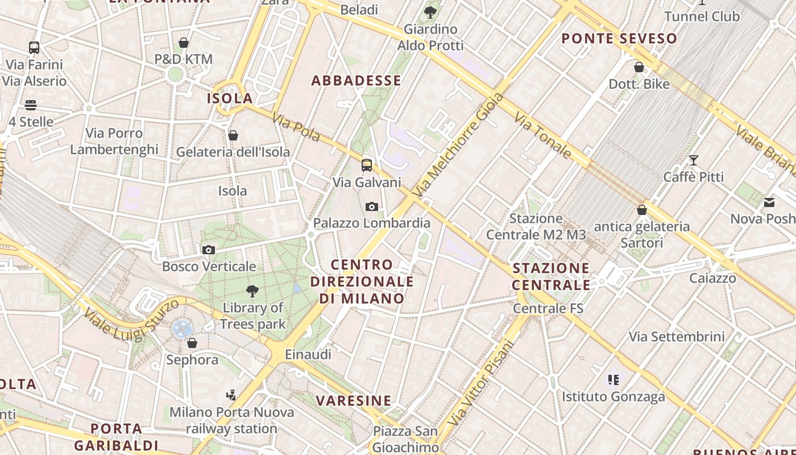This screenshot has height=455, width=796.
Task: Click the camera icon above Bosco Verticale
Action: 209,250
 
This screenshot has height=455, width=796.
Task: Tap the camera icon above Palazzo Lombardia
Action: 372,206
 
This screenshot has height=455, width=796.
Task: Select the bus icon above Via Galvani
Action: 367,166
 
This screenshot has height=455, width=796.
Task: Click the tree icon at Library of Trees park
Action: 252,292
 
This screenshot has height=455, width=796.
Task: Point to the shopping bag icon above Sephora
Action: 192,343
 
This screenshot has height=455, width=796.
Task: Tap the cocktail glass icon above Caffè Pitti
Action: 694,160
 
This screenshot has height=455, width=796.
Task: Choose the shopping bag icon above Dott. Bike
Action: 639,68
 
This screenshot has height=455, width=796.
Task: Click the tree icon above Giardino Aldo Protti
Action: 430,12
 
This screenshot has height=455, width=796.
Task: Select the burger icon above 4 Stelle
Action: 31,105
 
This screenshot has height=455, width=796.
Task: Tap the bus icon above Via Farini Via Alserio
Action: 34,48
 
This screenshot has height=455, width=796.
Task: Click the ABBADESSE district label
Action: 356,81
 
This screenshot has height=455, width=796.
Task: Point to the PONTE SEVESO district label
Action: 619,39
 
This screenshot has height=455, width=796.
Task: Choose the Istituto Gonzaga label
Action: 613,396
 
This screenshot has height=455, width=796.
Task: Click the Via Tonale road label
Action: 542,135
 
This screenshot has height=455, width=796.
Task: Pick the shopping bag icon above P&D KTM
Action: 184,43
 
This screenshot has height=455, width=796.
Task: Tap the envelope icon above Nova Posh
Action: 769,202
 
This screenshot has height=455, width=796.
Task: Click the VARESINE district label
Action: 354,400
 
